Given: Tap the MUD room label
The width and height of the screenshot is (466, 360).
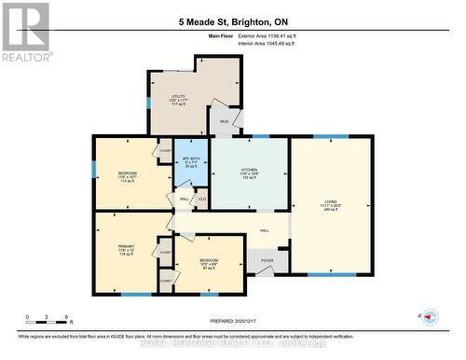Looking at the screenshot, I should click(x=224, y=122).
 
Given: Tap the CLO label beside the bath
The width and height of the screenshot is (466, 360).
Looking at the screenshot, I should click(x=202, y=200).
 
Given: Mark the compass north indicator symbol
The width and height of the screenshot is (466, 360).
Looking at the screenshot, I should click(x=431, y=316).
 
